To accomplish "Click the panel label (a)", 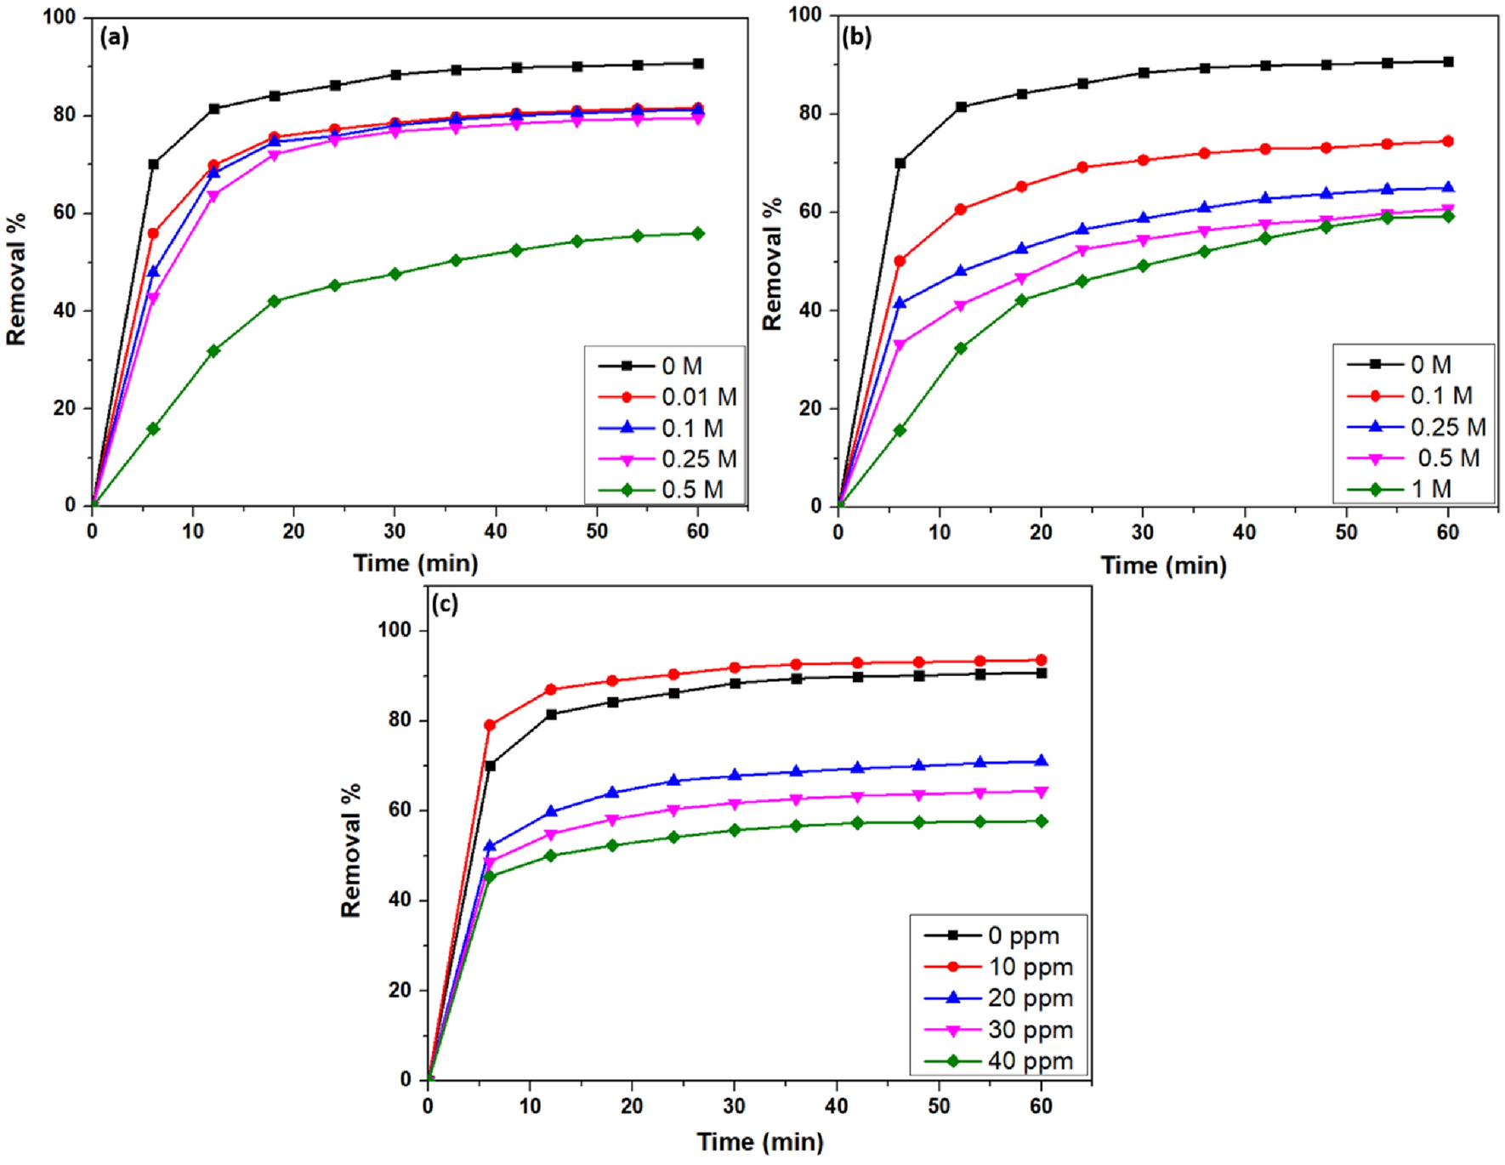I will (x=114, y=37).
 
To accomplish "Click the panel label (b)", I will (x=856, y=37).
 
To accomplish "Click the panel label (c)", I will (x=444, y=604).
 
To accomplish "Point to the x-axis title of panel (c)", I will (x=760, y=1142).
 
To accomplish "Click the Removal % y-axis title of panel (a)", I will (x=16, y=279).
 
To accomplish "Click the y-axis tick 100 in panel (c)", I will (x=395, y=630).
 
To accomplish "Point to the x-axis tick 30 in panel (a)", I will (x=395, y=531).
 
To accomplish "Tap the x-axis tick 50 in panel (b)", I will (x=1346, y=532).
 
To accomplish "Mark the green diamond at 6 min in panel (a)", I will (x=153, y=429).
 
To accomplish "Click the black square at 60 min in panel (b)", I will (x=1448, y=61).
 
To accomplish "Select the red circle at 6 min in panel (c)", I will (x=490, y=725).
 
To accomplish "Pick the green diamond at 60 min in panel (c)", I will (x=1041, y=821).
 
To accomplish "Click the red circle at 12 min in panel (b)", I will (x=961, y=209).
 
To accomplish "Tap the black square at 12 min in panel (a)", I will (x=214, y=109).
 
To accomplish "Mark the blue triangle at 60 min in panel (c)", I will (x=1041, y=761).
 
